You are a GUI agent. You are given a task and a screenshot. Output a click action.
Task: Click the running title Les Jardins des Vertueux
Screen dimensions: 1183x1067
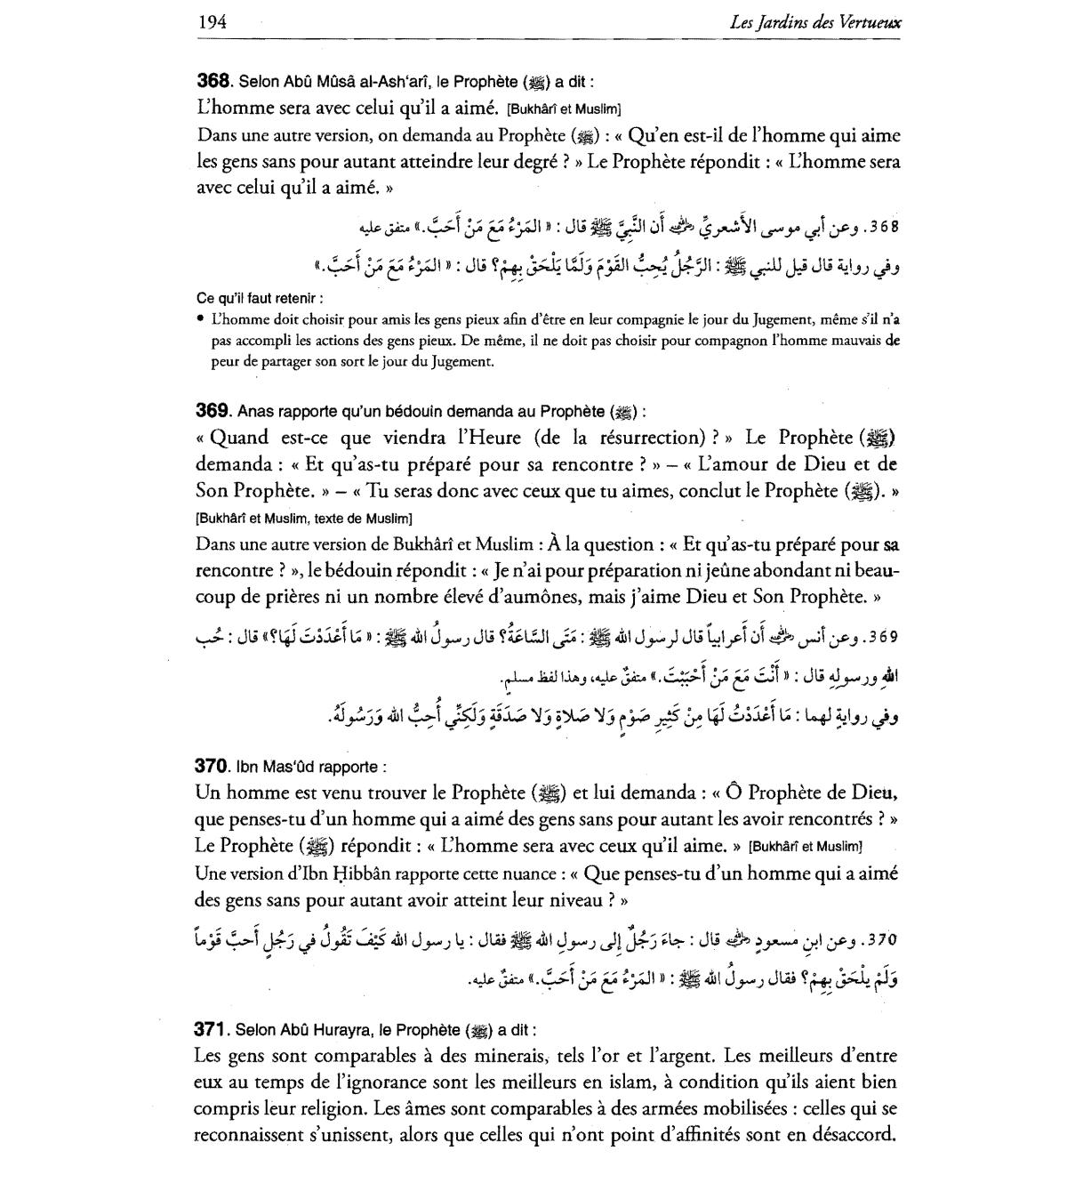pyautogui.click(x=814, y=22)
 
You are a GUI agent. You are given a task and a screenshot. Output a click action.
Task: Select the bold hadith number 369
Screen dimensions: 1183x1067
pyautogui.click(x=213, y=411)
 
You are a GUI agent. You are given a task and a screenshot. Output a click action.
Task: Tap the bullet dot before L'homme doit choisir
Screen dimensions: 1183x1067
pyautogui.click(x=201, y=318)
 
